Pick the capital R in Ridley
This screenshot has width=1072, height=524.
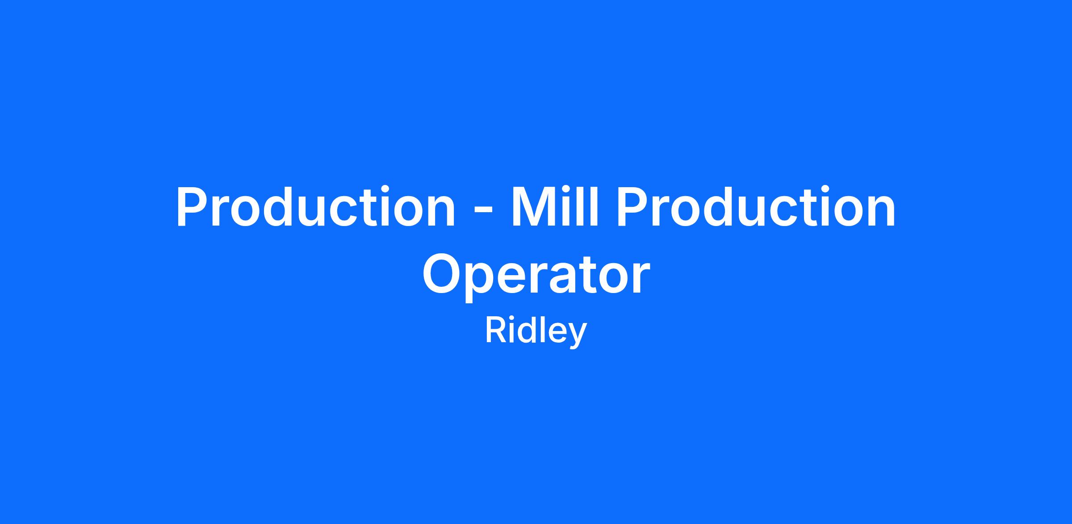click(x=495, y=331)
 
